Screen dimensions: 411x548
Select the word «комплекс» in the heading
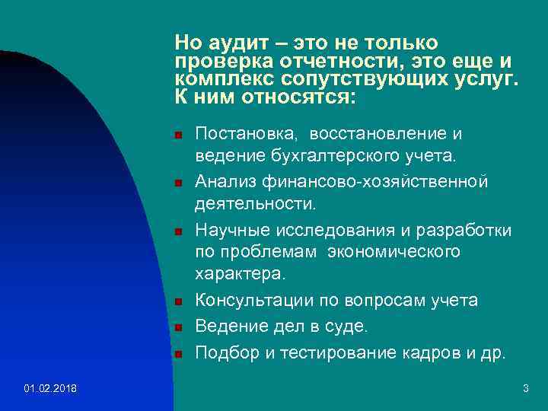tap(220, 79)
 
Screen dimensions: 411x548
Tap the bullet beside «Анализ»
tap(177, 183)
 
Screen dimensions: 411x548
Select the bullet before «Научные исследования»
tap(177, 231)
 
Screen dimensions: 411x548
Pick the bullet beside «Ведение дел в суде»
tap(177, 328)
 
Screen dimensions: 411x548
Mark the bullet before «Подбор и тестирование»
tap(177, 354)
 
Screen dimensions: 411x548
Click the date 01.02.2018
tap(49, 389)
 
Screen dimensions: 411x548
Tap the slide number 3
tap(525, 389)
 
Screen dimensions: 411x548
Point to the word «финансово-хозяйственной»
tap(403, 182)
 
